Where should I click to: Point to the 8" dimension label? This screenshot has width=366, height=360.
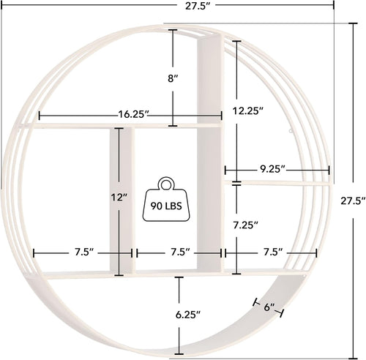tap(173, 78)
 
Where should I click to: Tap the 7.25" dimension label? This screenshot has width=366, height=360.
tap(247, 225)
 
